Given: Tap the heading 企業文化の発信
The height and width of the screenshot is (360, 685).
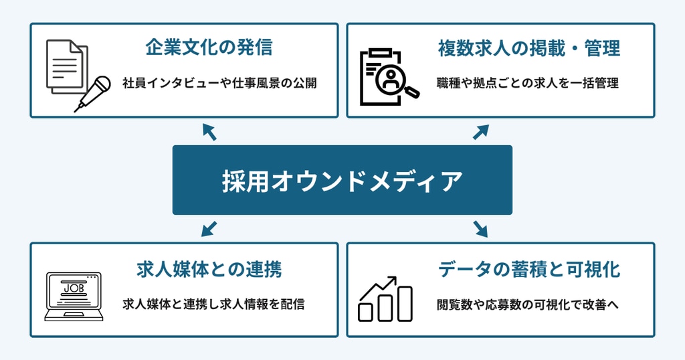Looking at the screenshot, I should pos(209,48).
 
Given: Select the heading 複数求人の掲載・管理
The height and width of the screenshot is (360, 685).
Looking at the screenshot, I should pos(528,48).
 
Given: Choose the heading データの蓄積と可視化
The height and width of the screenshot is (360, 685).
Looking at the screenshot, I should pos(528,269).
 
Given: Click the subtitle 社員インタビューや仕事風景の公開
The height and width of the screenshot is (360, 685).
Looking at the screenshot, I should pos(219,84).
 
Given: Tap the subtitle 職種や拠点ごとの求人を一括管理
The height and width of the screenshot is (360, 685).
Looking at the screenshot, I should pos(528,84).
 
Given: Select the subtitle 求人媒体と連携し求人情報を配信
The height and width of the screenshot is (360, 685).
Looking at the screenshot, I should pos(213,304).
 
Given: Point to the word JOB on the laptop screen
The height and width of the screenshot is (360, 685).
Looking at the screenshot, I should pos(73,288).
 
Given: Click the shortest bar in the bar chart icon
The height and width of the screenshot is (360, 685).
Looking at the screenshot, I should pos(366,312).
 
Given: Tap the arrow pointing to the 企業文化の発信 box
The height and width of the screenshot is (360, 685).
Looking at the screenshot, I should pos(209,132).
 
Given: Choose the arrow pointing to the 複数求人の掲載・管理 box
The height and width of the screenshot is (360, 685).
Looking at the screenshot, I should pos(481,132).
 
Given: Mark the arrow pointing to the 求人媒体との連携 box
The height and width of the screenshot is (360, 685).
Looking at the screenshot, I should pos(209,229).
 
